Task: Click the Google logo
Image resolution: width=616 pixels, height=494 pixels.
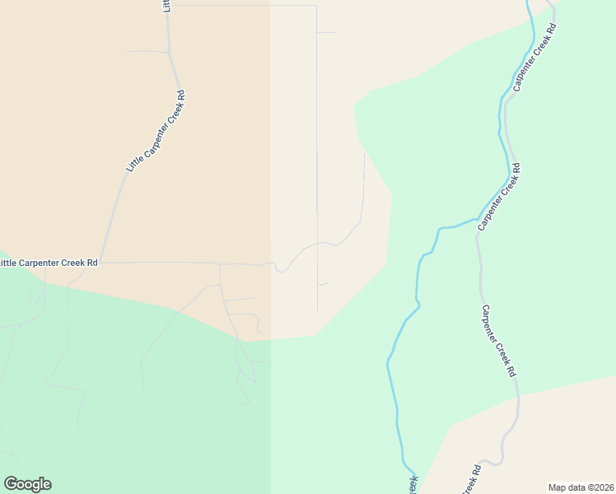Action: [27, 484]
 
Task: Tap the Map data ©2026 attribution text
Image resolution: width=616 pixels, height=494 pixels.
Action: [581, 487]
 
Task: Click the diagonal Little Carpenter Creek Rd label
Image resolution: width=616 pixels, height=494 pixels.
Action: [156, 131]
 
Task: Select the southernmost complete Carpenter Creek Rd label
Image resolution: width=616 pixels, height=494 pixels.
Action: [498, 341]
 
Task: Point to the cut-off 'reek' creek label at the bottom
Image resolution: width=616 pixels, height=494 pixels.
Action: [411, 484]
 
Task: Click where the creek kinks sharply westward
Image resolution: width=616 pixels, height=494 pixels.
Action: [445, 227]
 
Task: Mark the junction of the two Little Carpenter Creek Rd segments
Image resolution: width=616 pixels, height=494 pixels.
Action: [100, 262]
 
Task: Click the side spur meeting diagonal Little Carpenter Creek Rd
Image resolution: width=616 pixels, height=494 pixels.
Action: [168, 53]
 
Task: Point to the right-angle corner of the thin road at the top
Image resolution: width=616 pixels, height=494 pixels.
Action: [316, 6]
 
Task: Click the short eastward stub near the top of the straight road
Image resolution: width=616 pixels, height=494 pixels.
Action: [326, 32]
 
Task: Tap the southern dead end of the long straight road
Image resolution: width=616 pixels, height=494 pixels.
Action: [318, 310]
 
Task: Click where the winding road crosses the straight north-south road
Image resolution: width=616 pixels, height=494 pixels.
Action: [318, 243]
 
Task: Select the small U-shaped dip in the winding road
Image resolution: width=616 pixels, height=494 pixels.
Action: [281, 269]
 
